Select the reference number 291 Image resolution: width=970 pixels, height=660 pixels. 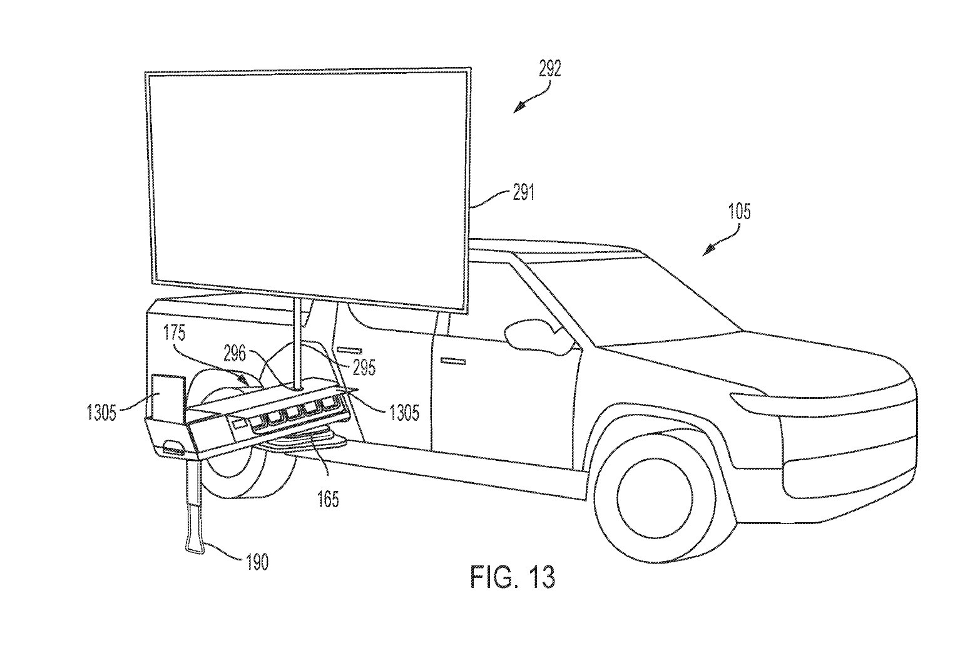point(523,193)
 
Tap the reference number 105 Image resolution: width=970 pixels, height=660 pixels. point(738,212)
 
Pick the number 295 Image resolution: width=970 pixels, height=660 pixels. point(364,368)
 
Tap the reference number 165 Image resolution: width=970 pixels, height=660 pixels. point(328,499)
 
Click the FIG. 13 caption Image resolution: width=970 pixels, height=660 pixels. point(512,577)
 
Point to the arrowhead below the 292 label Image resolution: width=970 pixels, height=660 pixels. point(517,109)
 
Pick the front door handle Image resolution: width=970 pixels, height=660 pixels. point(453,361)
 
